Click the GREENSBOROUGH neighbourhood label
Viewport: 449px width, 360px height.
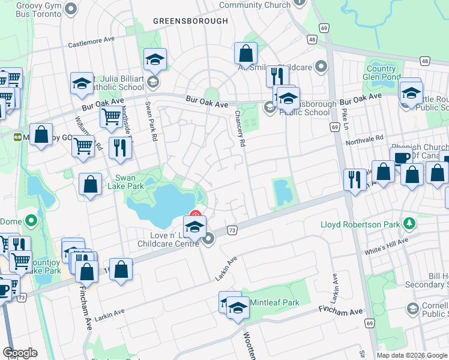[190, 21]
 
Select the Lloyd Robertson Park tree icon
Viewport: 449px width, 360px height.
[411, 223]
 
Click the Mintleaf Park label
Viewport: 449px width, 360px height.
[274, 302]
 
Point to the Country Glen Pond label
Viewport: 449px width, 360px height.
[383, 73]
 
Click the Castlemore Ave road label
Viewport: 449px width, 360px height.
[91, 41]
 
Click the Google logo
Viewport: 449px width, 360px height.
[20, 353]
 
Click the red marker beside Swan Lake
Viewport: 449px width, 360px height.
[195, 214]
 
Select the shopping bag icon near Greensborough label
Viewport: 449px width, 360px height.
[246, 54]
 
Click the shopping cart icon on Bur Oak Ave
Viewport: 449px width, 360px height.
[111, 117]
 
